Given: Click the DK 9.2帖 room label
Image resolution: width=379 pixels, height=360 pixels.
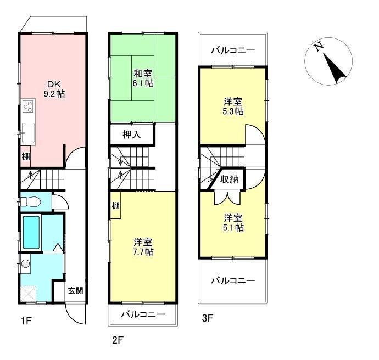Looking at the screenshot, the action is click(x=54, y=89).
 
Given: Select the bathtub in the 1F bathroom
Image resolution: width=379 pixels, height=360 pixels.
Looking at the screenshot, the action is click(x=31, y=232).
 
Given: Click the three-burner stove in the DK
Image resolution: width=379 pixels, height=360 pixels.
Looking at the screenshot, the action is click(x=29, y=106).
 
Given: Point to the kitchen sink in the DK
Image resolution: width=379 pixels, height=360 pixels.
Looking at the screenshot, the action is click(x=28, y=133).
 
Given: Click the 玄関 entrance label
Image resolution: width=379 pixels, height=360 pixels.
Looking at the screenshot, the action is click(x=75, y=290).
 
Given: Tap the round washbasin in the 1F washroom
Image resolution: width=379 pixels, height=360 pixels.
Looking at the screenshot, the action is click(x=25, y=263).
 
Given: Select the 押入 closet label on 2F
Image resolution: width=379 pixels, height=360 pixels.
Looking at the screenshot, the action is click(x=131, y=134).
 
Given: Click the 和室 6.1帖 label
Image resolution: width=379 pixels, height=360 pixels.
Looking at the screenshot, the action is click(x=143, y=78).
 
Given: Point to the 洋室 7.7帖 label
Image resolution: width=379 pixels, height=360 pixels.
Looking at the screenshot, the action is click(x=143, y=247).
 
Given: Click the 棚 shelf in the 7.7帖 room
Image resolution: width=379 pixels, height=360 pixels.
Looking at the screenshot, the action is click(x=115, y=206).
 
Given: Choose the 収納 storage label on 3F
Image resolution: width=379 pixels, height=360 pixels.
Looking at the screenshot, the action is click(x=230, y=179).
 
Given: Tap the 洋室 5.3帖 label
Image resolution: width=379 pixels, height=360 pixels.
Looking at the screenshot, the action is click(x=233, y=106).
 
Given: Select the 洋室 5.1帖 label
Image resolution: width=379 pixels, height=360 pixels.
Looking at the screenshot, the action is click(x=233, y=223).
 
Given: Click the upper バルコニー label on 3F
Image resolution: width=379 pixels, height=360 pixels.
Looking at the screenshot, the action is click(x=233, y=50).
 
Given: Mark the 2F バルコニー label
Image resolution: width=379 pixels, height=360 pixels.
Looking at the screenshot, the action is click(x=143, y=314).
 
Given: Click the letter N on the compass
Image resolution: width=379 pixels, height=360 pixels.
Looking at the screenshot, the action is click(x=319, y=47).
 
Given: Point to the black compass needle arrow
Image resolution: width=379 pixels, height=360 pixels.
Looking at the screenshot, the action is click(x=335, y=68).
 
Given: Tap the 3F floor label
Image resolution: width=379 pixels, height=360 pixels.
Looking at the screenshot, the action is click(x=207, y=318).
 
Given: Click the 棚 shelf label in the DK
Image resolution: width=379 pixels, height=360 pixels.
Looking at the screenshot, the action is click(x=25, y=156).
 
